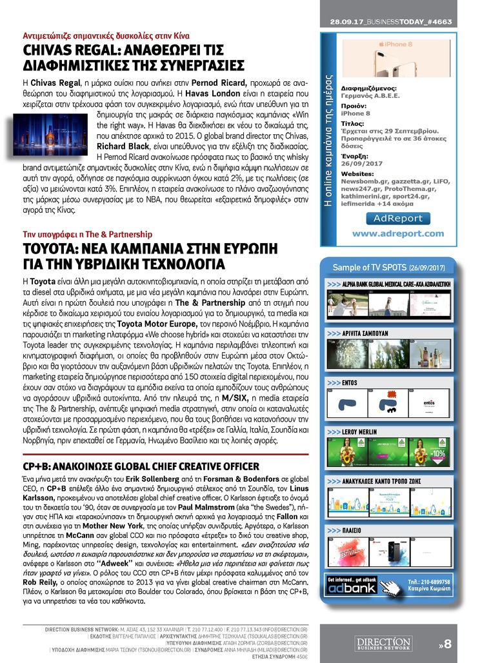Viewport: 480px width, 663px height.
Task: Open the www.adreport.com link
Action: [398, 233]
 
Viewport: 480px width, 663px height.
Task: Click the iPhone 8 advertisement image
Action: [397, 59]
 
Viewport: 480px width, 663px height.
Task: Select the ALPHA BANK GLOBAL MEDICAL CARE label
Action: [395, 283]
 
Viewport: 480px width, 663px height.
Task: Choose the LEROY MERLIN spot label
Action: [359, 431]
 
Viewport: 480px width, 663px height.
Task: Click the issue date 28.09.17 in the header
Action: [346, 22]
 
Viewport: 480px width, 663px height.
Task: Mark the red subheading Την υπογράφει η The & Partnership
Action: [79, 233]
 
